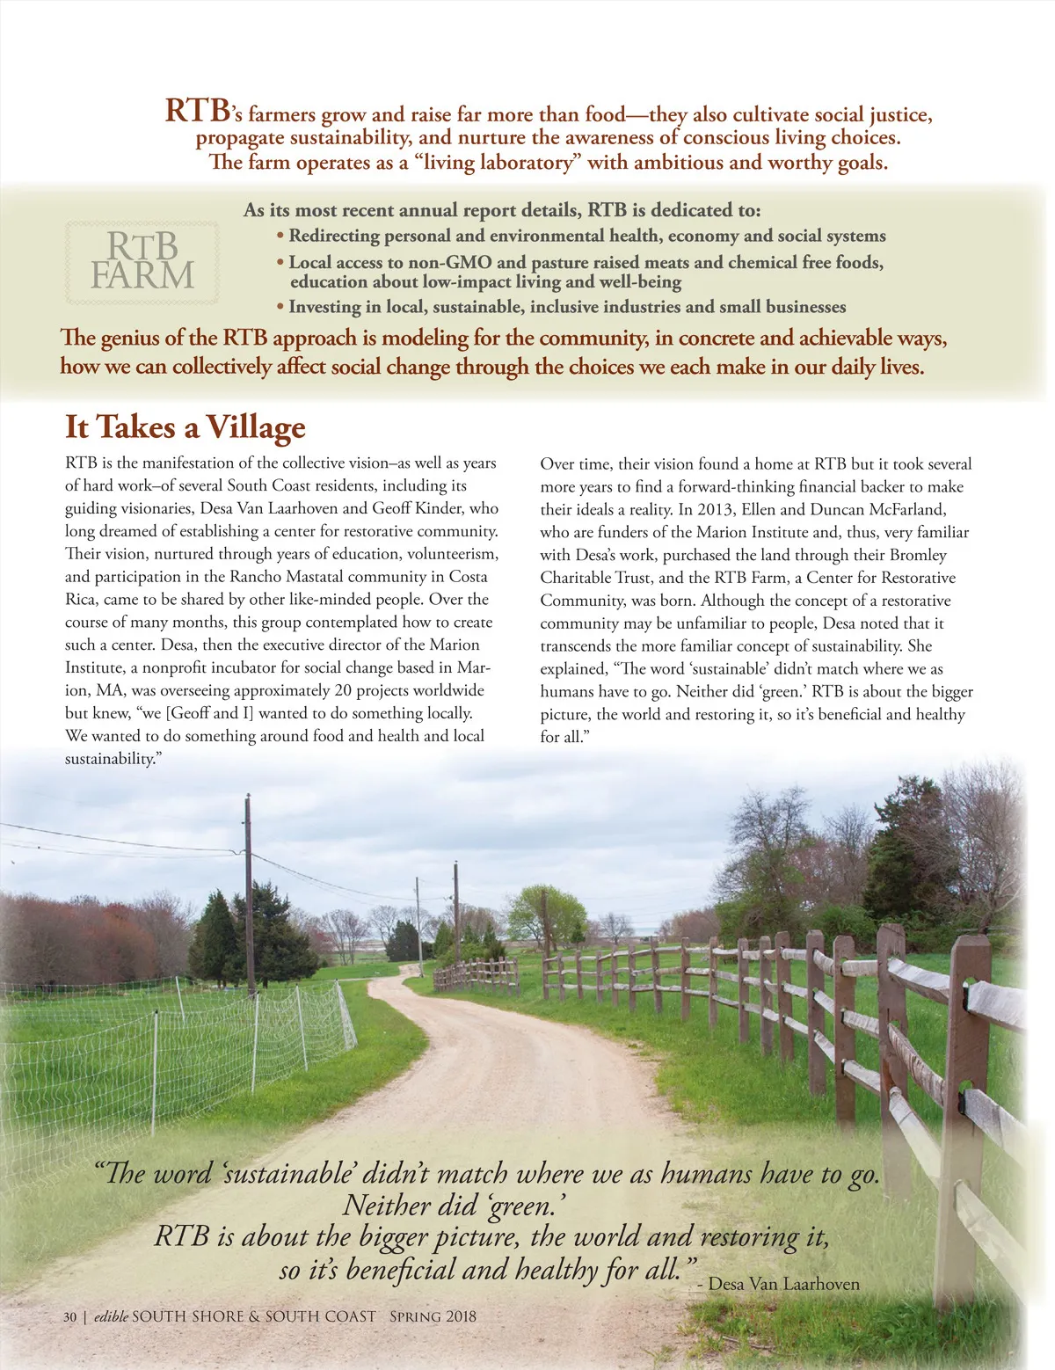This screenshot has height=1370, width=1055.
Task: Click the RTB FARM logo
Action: tap(142, 261)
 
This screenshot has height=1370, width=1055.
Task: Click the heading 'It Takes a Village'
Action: tap(185, 427)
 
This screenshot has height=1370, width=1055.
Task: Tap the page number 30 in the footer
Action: tap(69, 1316)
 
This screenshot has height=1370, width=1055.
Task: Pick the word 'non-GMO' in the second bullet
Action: tap(450, 262)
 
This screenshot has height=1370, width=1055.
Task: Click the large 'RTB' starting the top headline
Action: tap(198, 111)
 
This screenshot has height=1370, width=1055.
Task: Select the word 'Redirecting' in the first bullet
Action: tap(335, 236)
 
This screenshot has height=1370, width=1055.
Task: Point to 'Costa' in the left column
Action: tap(469, 577)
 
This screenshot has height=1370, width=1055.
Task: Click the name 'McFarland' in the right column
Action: tap(905, 509)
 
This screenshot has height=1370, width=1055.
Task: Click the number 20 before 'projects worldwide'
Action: tap(345, 690)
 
